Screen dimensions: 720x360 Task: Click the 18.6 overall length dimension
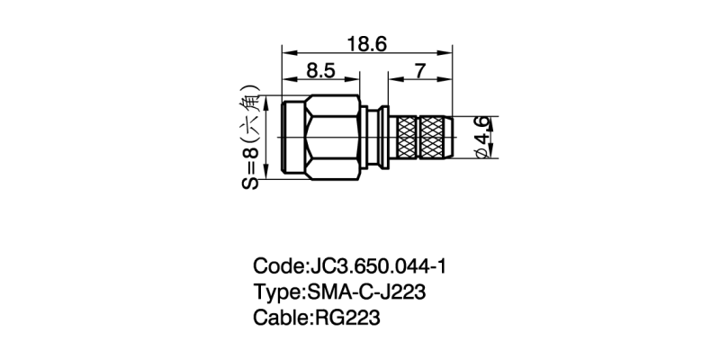pos(367,44)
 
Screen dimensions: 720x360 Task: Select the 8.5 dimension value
pos(321,71)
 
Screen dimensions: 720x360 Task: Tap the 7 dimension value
pos(420,71)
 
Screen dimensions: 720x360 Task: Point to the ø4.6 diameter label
pos(481,138)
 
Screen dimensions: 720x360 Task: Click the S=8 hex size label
pos(250,169)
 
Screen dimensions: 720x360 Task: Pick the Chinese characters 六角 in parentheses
pos(252,116)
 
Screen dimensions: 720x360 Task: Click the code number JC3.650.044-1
pos(378,266)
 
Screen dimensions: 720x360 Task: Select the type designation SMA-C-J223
pos(364,292)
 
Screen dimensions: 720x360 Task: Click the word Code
pos(277,266)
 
